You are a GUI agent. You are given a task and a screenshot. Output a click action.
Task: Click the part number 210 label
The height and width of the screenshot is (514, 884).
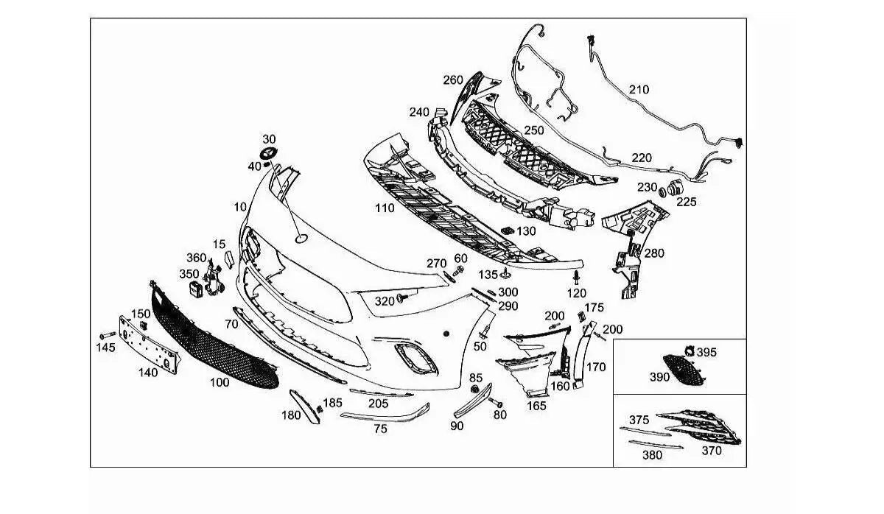[639, 90]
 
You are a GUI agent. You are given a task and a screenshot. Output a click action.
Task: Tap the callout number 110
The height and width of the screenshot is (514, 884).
[384, 208]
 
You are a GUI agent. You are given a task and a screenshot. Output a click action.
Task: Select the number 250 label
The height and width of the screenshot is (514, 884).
[533, 130]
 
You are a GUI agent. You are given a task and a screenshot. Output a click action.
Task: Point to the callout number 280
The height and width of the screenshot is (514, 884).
[653, 253]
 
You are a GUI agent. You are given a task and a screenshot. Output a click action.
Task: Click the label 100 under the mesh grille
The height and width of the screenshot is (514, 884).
[219, 383]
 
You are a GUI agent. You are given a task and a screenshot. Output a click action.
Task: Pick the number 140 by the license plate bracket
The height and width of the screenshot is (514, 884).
[147, 373]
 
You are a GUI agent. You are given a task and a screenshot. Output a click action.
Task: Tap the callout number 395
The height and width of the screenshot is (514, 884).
[706, 353]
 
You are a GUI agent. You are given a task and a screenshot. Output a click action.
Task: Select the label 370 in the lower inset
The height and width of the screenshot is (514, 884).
[711, 451]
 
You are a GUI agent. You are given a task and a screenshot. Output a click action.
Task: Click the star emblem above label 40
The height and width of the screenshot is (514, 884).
[267, 153]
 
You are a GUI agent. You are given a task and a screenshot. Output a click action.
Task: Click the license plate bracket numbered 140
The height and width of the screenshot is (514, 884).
[151, 346]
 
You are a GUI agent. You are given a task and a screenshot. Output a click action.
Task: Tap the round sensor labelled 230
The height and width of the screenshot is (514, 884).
[662, 191]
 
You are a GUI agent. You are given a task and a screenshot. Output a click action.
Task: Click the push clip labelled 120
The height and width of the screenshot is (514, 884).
[576, 277]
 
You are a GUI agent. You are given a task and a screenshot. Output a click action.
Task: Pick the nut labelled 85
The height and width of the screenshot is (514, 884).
[475, 389]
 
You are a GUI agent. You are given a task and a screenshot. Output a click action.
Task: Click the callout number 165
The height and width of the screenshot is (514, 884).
[536, 404]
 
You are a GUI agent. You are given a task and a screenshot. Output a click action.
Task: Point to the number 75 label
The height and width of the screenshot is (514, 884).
[380, 429]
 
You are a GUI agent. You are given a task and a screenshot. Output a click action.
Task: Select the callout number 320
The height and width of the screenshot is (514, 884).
[385, 301]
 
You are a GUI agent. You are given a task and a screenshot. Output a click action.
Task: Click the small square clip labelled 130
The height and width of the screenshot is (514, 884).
[506, 231]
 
